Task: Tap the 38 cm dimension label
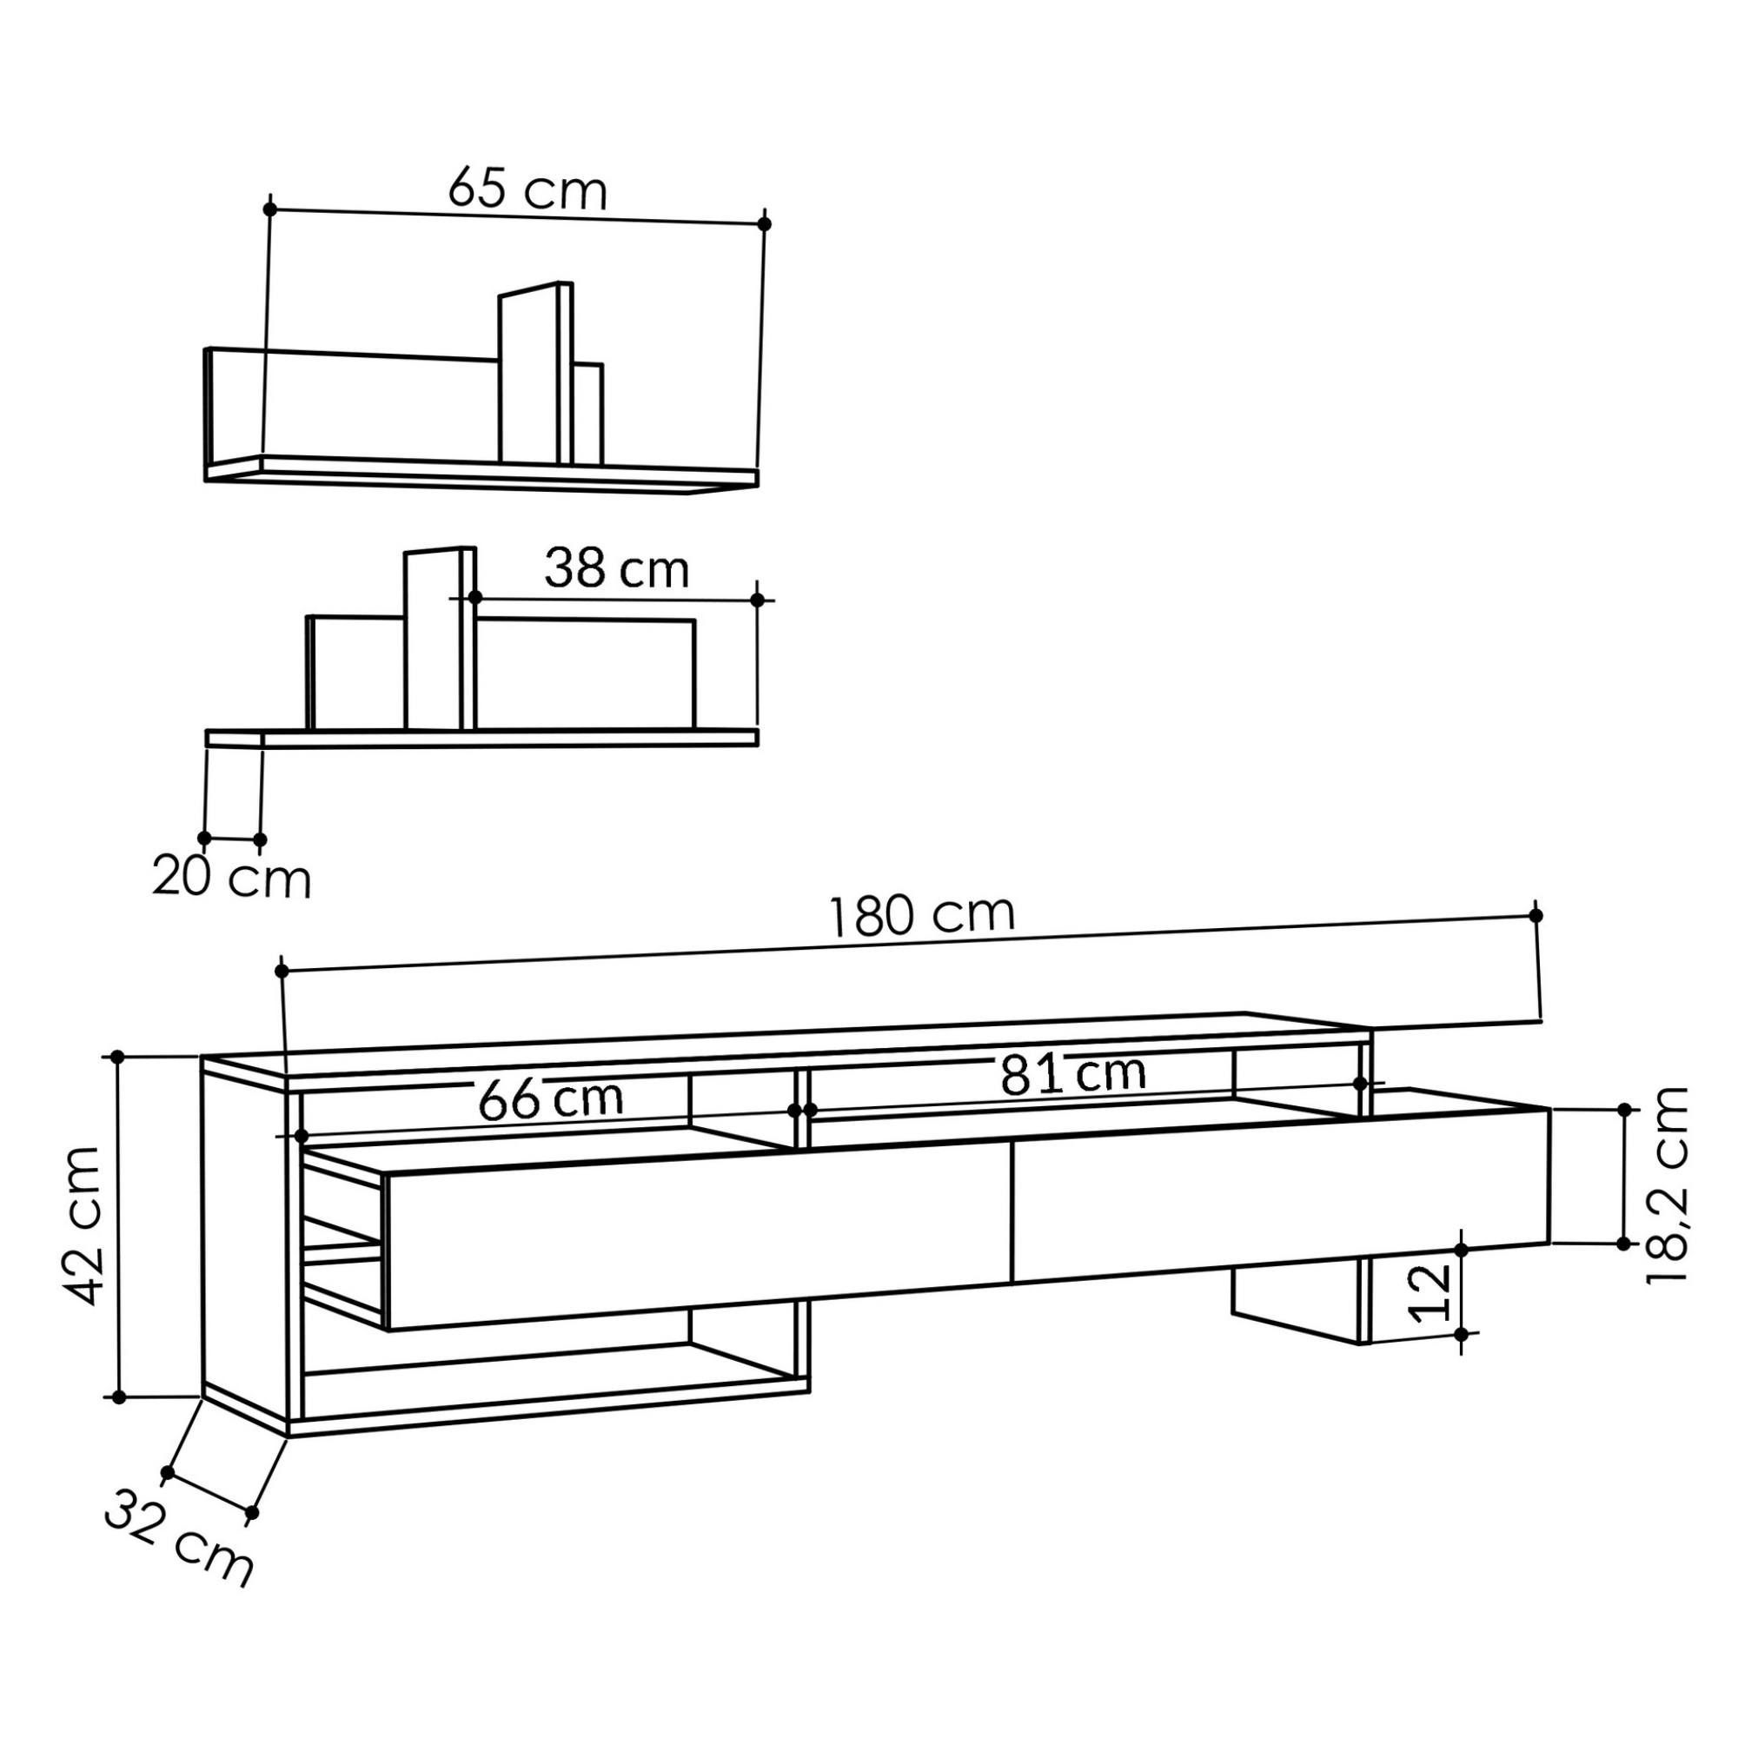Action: point(617,568)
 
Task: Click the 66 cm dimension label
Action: point(551,1098)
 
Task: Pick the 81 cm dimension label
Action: point(1073,1073)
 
